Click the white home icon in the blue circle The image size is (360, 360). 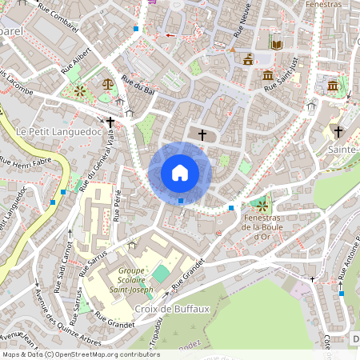[180, 172]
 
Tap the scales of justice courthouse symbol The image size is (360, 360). [108, 82]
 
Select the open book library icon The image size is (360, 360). [276, 43]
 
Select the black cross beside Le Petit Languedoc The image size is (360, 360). [110, 122]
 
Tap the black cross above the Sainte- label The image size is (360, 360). [338, 131]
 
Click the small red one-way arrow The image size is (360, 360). [170, 35]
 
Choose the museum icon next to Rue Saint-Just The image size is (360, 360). [267, 76]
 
